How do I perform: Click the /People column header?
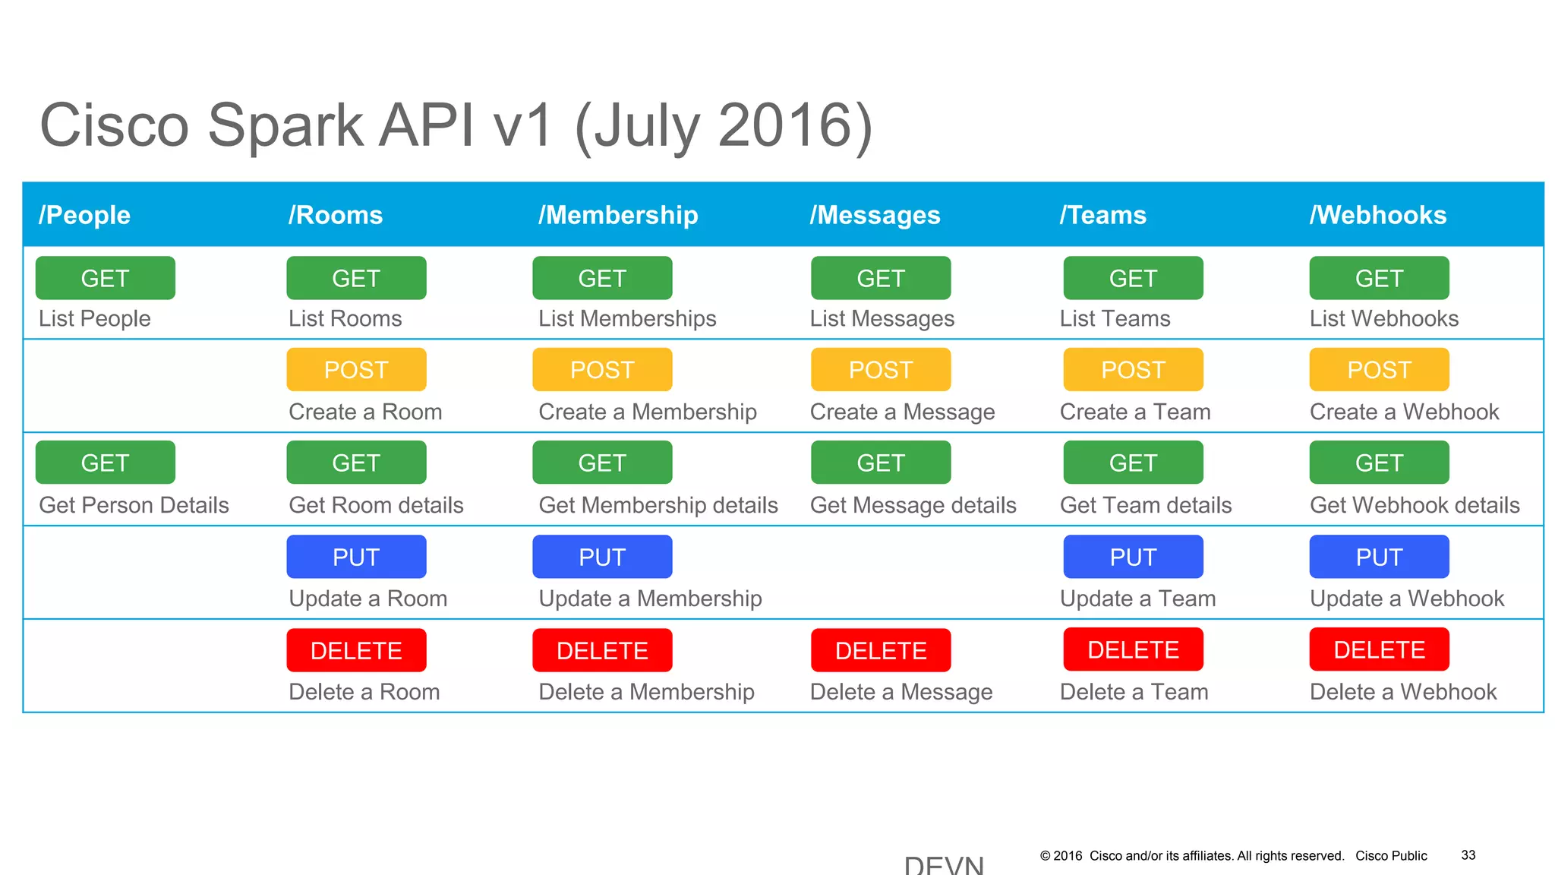click(84, 215)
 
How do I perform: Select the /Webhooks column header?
click(1377, 215)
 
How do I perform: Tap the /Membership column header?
click(618, 215)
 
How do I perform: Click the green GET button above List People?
click(105, 278)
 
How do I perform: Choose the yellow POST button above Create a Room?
click(356, 370)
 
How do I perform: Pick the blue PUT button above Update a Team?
click(1133, 557)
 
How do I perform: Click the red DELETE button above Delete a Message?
click(881, 650)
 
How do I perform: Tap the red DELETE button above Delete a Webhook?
click(1379, 649)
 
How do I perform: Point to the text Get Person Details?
click(134, 505)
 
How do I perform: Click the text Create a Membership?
click(647, 412)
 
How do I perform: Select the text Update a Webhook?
click(1406, 599)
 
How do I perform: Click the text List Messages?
click(882, 318)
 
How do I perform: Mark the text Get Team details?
click(1145, 505)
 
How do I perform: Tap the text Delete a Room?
click(364, 692)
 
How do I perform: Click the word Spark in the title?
click(285, 125)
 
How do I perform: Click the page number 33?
click(1468, 855)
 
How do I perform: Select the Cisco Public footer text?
click(1391, 856)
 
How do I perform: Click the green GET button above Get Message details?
click(881, 463)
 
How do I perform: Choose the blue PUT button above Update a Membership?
click(602, 557)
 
